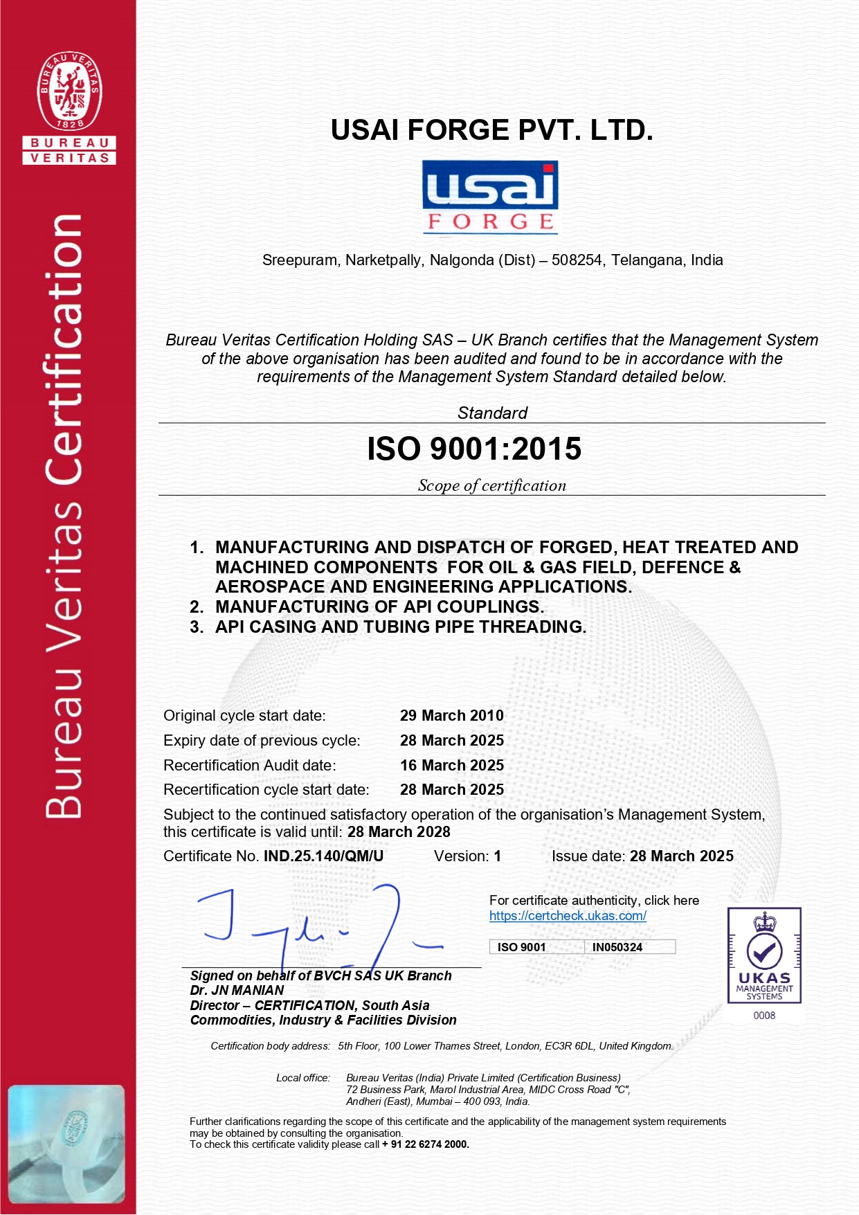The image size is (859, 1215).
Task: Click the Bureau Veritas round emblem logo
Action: click(x=70, y=90)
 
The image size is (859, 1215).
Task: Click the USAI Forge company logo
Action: click(x=490, y=197)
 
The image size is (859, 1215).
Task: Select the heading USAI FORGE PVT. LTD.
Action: click(x=491, y=130)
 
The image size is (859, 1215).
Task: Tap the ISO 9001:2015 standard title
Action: click(x=474, y=449)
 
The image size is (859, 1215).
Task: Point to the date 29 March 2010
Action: click(x=451, y=716)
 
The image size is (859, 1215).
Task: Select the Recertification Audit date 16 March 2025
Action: click(x=451, y=766)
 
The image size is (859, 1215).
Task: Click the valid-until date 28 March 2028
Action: click(x=399, y=832)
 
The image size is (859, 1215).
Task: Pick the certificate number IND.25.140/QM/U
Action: click(x=323, y=856)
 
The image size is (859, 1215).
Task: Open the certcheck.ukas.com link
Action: click(x=568, y=916)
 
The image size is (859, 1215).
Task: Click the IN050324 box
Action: click(x=617, y=947)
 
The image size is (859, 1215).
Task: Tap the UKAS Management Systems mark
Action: click(x=764, y=955)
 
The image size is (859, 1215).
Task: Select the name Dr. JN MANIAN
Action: click(x=237, y=991)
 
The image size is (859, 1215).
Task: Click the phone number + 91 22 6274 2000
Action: click(x=425, y=1144)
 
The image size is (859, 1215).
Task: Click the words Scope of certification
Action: click(x=491, y=486)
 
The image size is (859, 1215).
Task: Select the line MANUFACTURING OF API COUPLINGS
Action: click(x=379, y=607)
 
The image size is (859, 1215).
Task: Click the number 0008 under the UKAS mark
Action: click(x=764, y=1016)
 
